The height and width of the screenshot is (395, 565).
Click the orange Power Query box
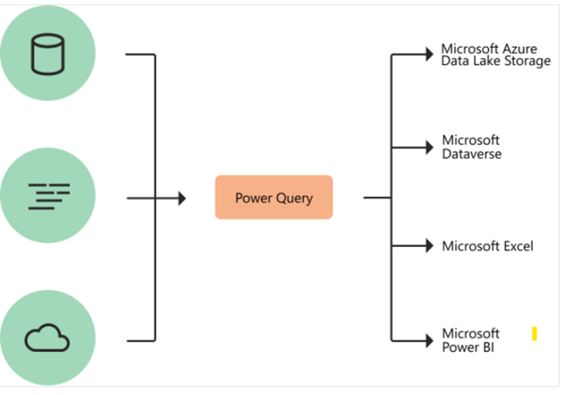pyautogui.click(x=274, y=197)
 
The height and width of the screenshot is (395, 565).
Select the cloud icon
pyautogui.click(x=47, y=337)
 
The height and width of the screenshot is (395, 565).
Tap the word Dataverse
pyautogui.click(x=472, y=154)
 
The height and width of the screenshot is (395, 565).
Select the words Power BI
pyautogui.click(x=468, y=348)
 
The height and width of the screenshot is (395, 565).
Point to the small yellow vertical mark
pyautogui.click(x=534, y=334)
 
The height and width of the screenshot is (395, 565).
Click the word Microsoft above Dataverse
pyautogui.click(x=470, y=140)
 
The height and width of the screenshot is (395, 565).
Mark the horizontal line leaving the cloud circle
pyautogui.click(x=141, y=340)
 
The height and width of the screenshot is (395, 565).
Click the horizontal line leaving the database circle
pyautogui.click(x=141, y=54)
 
